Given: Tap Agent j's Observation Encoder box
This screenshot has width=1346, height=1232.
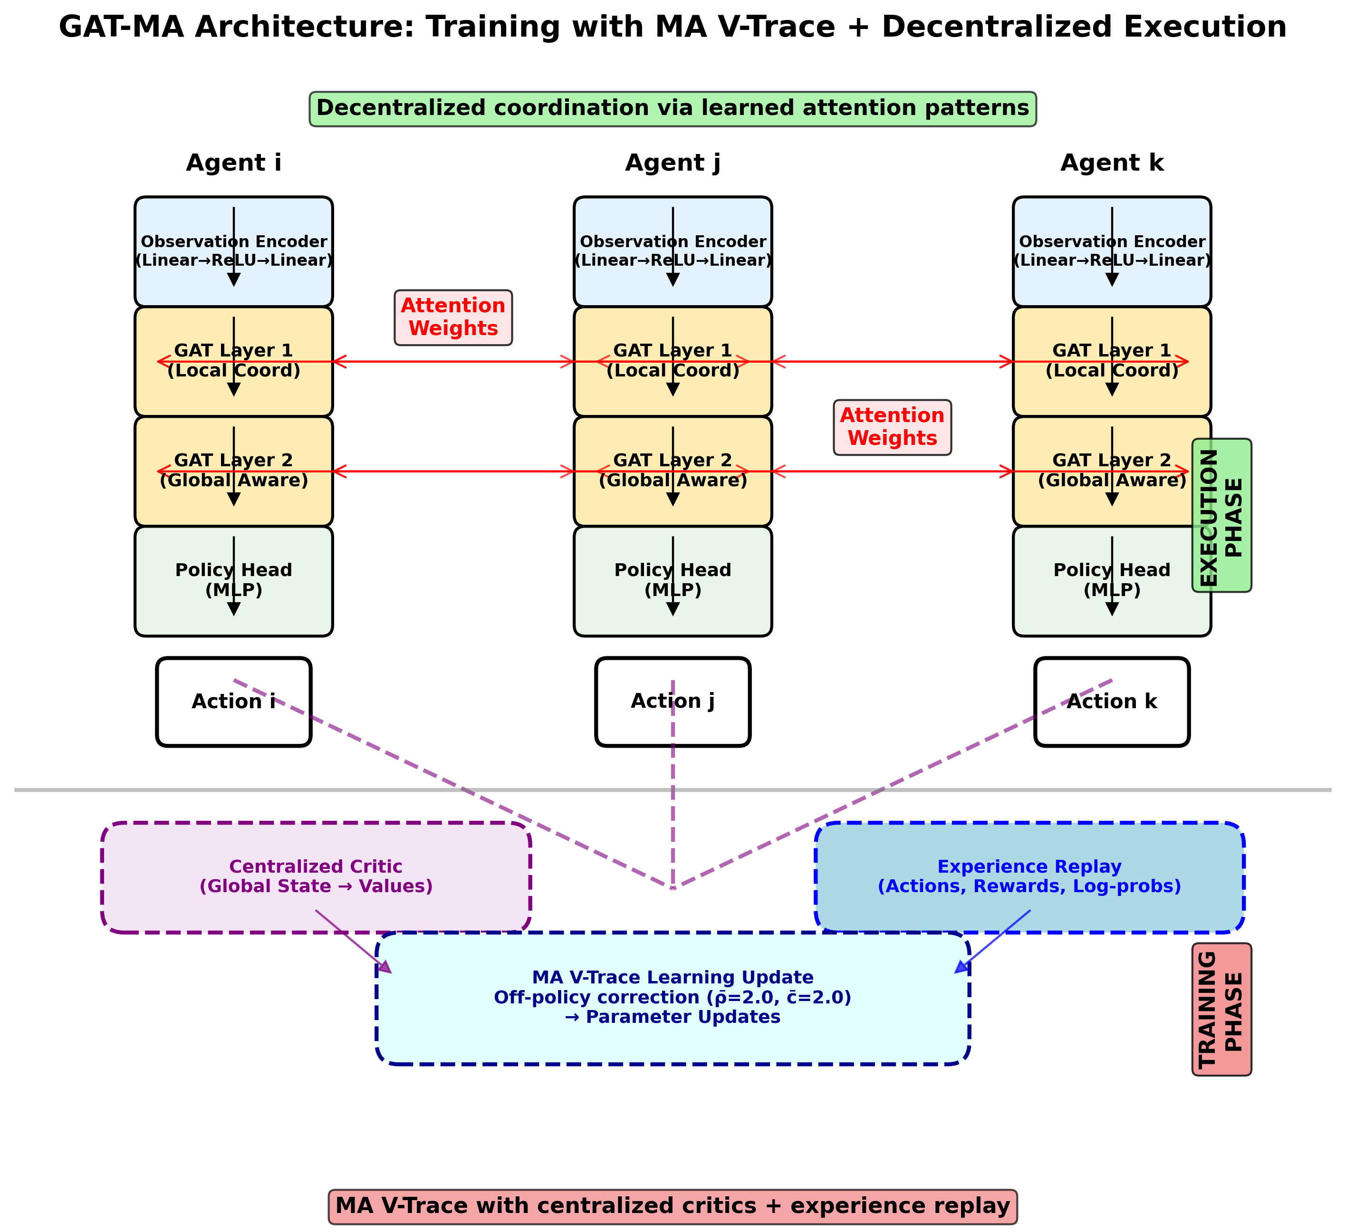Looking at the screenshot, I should (x=673, y=251).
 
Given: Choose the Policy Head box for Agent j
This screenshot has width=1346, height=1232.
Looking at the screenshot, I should (x=673, y=580).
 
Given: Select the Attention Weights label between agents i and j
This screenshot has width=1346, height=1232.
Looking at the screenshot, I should (x=453, y=317).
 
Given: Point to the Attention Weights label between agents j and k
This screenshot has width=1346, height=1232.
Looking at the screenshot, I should (x=892, y=427).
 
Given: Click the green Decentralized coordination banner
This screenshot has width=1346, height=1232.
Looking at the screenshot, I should (x=673, y=109).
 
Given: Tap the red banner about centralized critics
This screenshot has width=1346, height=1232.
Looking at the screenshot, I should (x=673, y=1206).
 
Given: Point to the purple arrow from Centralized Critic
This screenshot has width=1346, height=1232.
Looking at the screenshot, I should (x=354, y=942).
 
